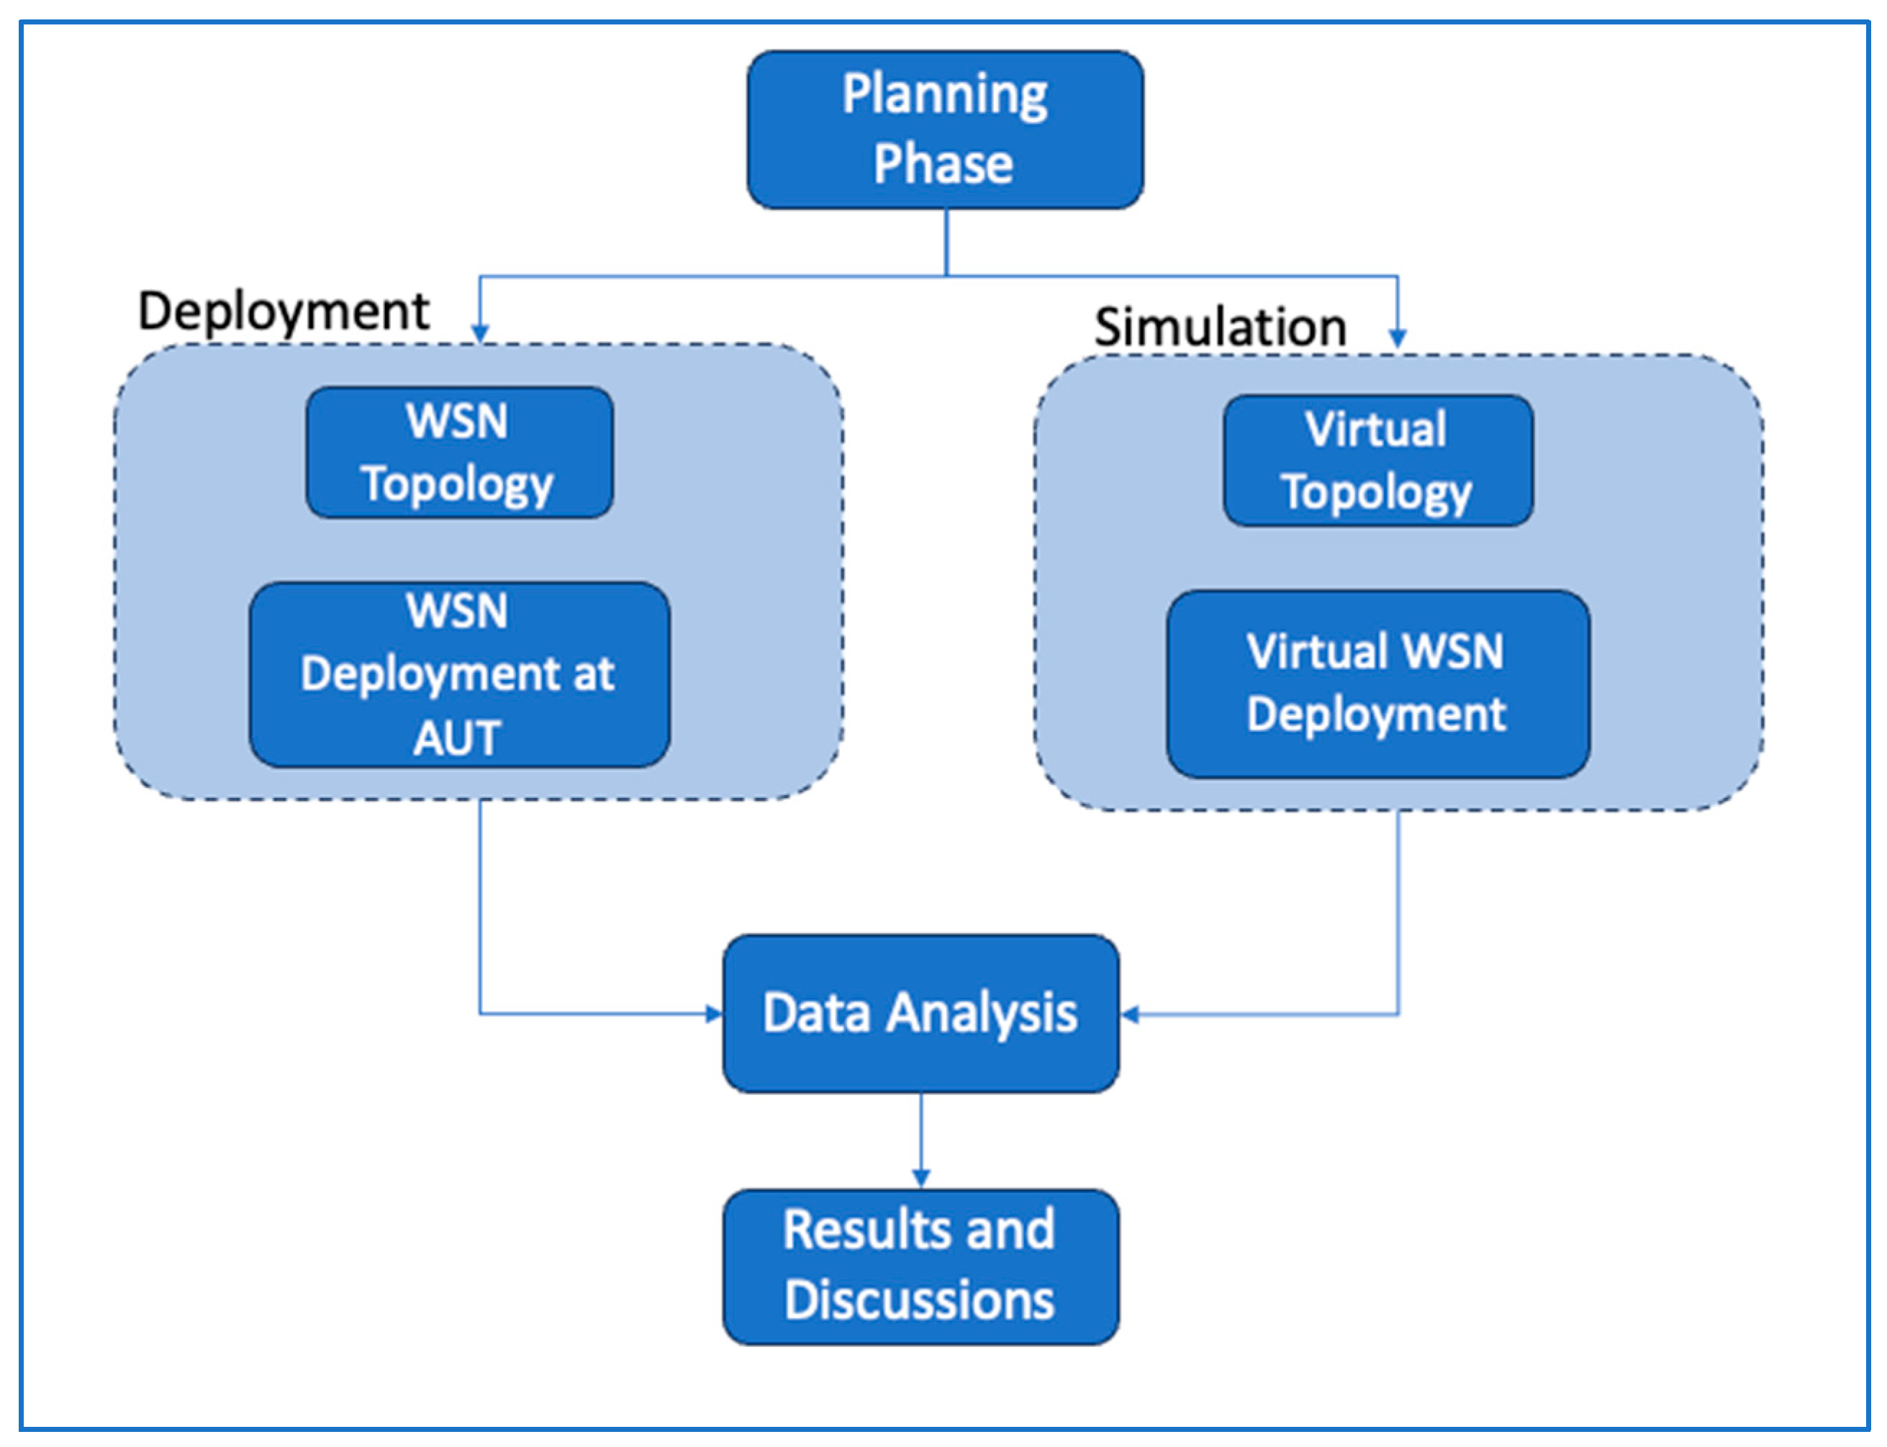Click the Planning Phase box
click(945, 130)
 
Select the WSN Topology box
click(459, 452)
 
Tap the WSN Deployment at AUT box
click(459, 674)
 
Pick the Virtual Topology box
click(1377, 461)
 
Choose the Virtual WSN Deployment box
click(1377, 684)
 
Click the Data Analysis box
click(920, 1013)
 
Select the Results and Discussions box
click(920, 1266)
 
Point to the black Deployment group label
click(284, 312)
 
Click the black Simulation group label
click(1220, 327)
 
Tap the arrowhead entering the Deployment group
click(480, 332)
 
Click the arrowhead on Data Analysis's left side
click(714, 1014)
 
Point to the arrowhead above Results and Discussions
click(920, 1177)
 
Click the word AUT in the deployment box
click(456, 738)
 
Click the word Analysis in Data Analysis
click(982, 1013)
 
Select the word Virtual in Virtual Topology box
click(1375, 429)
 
